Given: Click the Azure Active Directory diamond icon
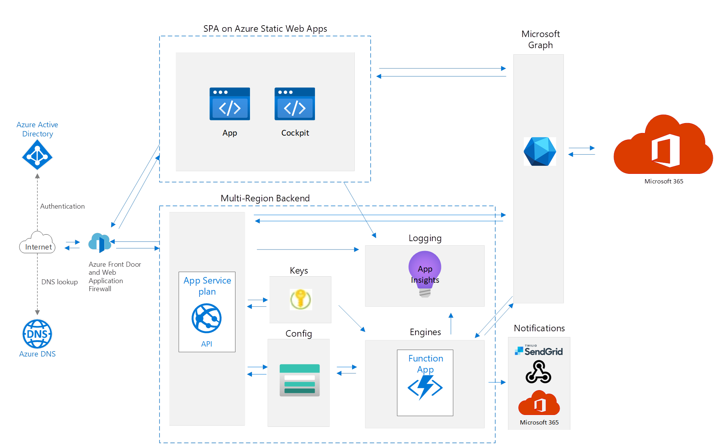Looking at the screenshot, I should coord(37,155).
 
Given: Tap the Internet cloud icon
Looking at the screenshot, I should coord(37,243).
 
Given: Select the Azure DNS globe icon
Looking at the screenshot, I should coord(37,334).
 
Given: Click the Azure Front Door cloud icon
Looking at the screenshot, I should coord(99,242).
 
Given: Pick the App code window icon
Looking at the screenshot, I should coord(229,104).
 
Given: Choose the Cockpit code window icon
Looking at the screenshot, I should coord(294,104).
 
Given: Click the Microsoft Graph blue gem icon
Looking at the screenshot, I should coord(539,151).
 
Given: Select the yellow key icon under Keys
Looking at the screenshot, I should coord(301,299).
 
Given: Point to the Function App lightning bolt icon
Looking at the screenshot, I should coord(425,387).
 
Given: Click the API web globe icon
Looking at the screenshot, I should coord(206,318).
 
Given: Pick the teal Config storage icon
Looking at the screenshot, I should coord(299,380).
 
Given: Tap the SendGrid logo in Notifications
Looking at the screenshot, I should coord(539,350).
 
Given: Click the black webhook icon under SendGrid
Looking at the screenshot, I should coord(538,372).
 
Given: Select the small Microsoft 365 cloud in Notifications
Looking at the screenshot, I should coord(539,403).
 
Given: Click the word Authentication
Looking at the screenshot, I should coord(62,206).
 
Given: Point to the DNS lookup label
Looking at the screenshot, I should coord(59,282).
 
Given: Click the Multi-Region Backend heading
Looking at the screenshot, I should coord(265,198).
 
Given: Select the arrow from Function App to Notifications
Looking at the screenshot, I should coord(497,382).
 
